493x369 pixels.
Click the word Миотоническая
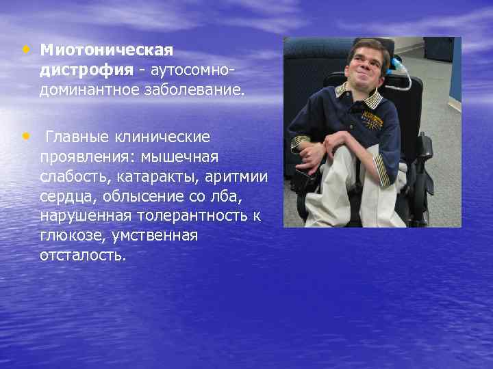tap(106, 51)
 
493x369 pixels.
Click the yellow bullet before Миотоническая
tap(25, 49)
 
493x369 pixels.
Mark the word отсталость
tap(82, 255)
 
